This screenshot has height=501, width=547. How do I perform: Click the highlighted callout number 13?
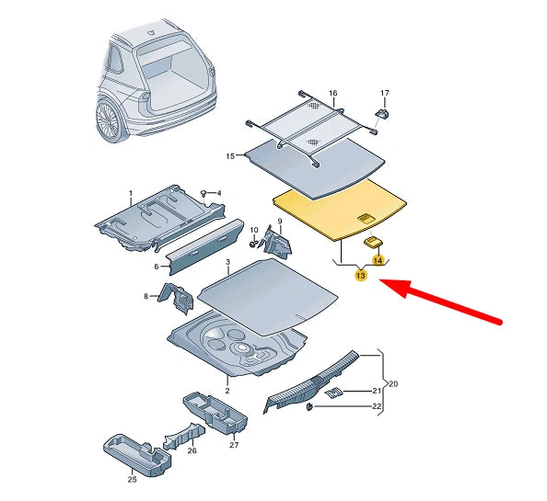(361, 276)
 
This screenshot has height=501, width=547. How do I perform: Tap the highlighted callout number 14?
(377, 262)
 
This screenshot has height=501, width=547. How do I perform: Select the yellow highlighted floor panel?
(341, 210)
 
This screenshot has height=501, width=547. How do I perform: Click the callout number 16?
(333, 94)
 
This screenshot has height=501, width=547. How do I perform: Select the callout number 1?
(131, 194)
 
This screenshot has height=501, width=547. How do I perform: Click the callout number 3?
(227, 263)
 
